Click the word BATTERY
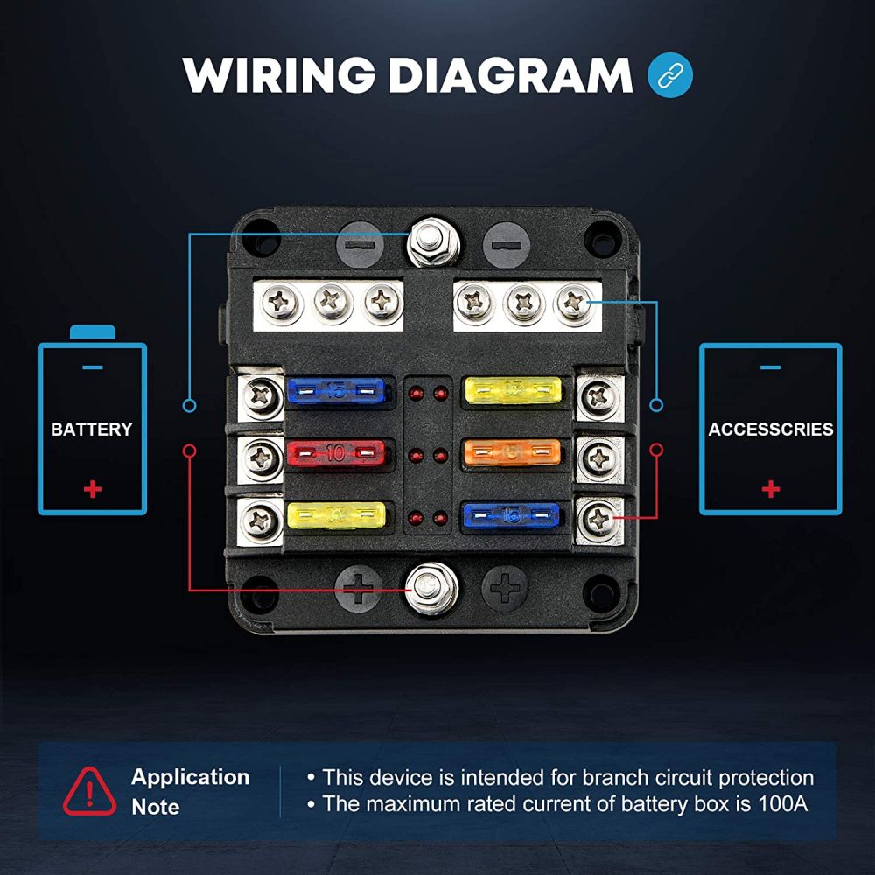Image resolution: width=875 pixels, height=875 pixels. (x=91, y=430)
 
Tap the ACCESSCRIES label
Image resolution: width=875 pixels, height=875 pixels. (x=770, y=430)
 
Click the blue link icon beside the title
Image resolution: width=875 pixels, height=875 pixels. (x=670, y=76)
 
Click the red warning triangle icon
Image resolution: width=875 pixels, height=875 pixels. (x=88, y=792)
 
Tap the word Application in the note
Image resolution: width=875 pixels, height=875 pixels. (x=190, y=777)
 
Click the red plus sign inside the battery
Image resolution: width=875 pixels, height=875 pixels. (x=93, y=488)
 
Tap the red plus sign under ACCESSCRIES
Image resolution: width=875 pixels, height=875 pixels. (x=770, y=488)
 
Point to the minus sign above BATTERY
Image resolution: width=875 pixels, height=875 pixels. (x=93, y=367)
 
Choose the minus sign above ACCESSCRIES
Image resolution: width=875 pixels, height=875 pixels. (x=770, y=367)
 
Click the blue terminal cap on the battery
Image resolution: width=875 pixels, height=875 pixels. (x=93, y=332)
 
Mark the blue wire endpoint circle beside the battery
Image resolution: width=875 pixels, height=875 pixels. (x=189, y=406)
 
